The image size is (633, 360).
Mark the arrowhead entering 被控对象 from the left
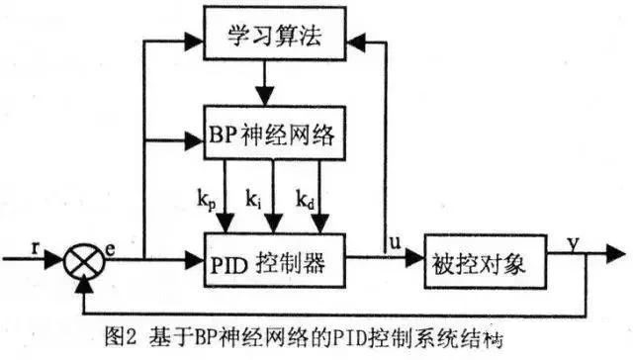pyautogui.click(x=415, y=263)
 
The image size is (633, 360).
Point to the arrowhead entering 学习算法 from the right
pyautogui.click(x=358, y=43)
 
